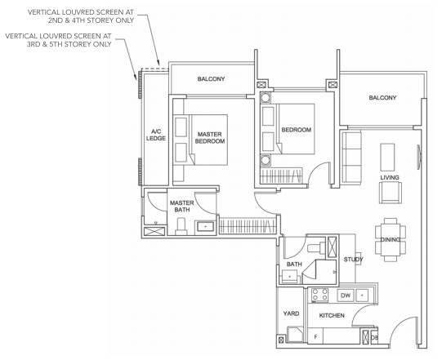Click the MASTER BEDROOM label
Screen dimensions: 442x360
click(x=210, y=138)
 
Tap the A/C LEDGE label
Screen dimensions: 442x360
click(x=156, y=135)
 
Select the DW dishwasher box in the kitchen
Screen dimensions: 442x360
click(x=346, y=296)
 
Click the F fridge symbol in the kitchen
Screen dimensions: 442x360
click(x=315, y=336)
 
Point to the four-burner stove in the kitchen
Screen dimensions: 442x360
click(x=319, y=296)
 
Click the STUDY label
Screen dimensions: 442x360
click(x=353, y=259)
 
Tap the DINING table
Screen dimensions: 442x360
click(x=391, y=240)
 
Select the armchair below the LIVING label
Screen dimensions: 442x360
click(x=391, y=192)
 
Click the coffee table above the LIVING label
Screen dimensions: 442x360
click(x=387, y=158)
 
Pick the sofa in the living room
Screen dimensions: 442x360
click(x=351, y=158)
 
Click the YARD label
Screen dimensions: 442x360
click(x=291, y=313)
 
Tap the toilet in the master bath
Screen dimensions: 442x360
click(x=181, y=226)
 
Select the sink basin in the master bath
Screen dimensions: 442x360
click(x=205, y=226)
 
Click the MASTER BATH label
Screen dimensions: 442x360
click(x=182, y=207)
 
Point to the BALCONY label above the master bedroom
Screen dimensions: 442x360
click(x=211, y=79)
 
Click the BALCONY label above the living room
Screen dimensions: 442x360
click(x=382, y=98)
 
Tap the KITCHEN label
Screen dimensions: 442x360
click(x=332, y=315)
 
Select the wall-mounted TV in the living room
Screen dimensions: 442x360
click(x=419, y=158)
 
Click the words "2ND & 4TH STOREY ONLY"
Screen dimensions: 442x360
click(x=91, y=20)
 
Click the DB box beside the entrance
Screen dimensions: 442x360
click(x=374, y=337)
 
